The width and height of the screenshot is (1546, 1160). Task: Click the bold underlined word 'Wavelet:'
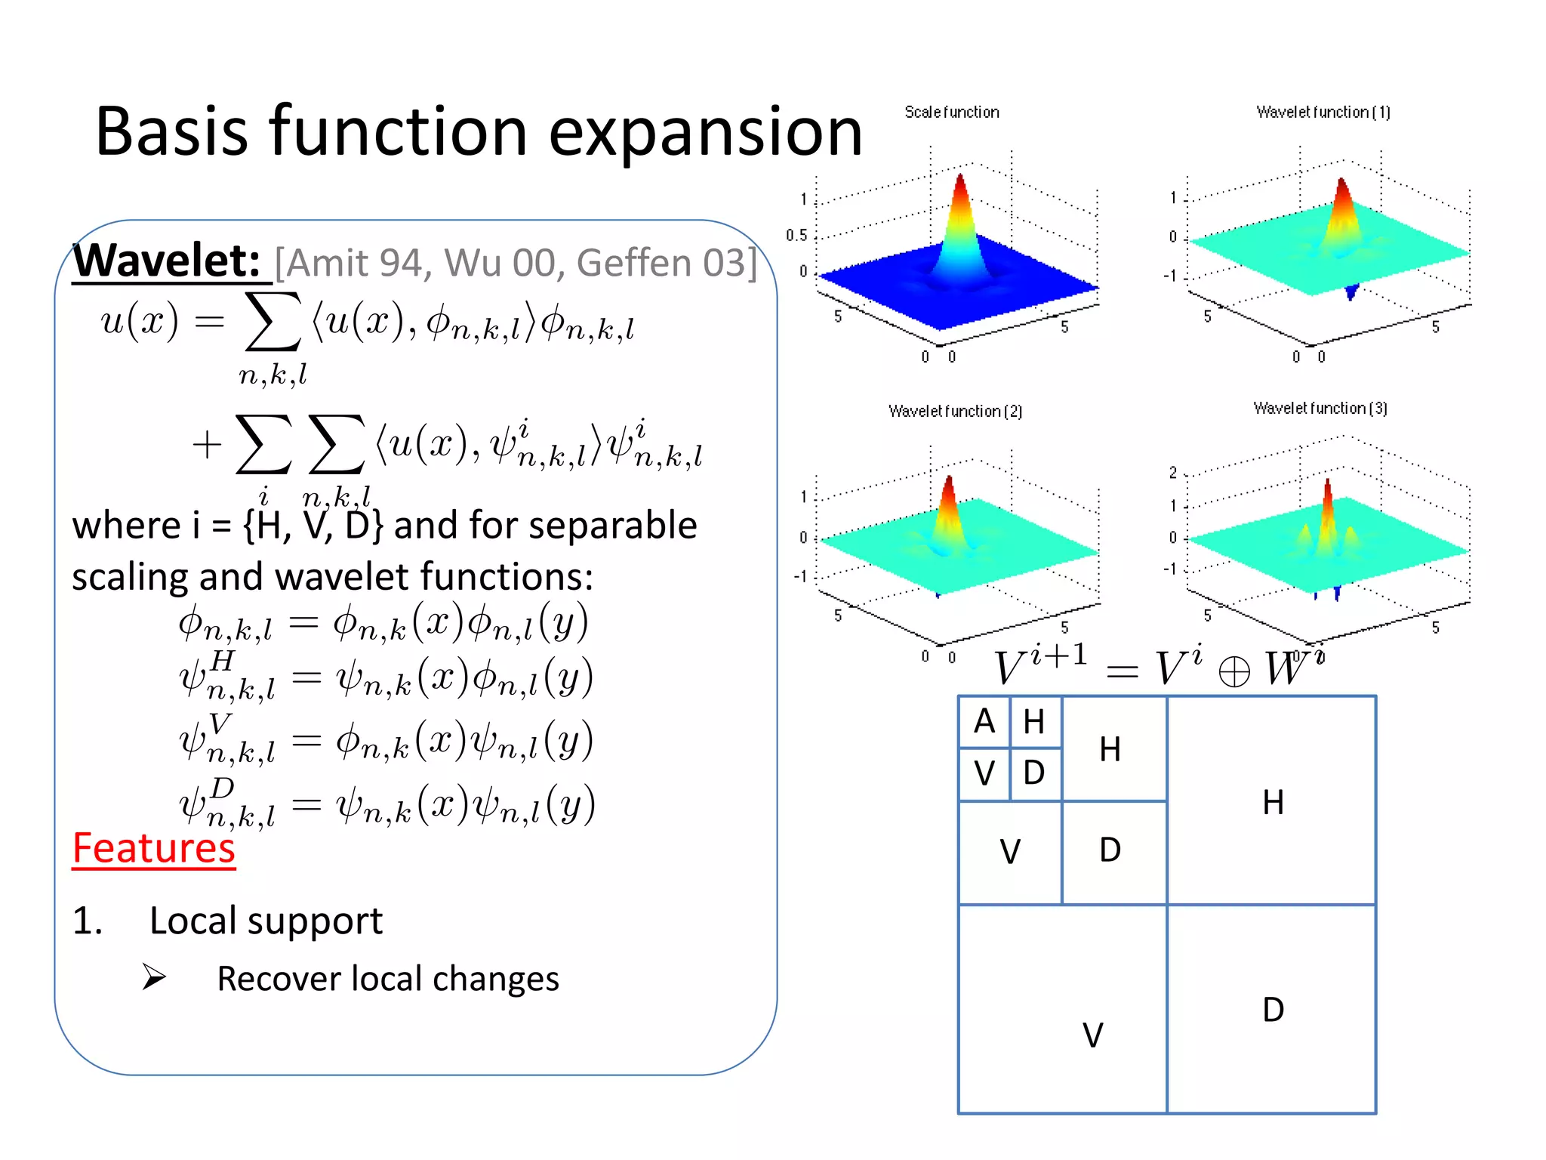click(168, 261)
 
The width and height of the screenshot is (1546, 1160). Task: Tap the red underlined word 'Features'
click(154, 848)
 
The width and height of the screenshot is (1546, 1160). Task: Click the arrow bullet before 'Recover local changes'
click(154, 977)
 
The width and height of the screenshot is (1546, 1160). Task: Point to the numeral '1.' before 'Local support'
click(88, 921)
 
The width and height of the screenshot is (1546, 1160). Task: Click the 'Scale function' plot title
click(951, 113)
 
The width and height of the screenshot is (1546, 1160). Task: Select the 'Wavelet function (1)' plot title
click(1323, 113)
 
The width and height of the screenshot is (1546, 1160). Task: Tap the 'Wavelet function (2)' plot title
click(955, 412)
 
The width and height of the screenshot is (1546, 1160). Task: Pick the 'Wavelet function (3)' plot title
click(1320, 409)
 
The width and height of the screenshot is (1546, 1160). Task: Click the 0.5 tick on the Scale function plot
click(796, 236)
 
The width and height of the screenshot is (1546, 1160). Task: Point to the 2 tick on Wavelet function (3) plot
click(1173, 473)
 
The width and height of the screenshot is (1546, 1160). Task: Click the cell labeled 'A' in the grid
click(984, 722)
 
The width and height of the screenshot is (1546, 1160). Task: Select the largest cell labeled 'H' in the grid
click(1272, 801)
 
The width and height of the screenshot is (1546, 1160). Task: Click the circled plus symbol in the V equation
click(1234, 671)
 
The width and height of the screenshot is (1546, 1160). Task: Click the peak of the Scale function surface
click(959, 180)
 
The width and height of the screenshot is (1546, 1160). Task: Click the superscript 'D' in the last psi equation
click(222, 788)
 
